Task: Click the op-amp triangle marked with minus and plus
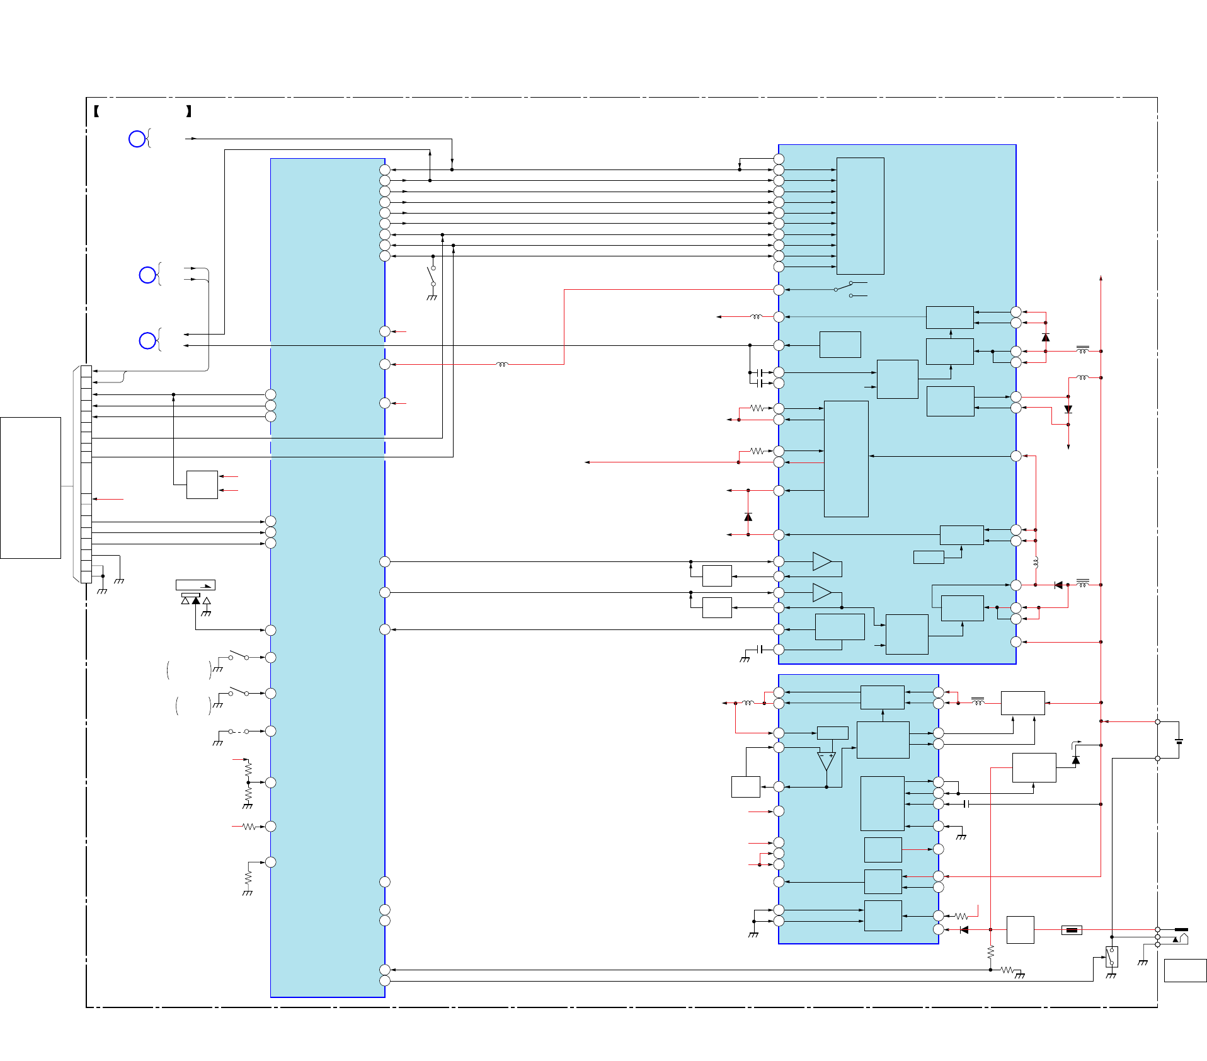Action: pyautogui.click(x=826, y=761)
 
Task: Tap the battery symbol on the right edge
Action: pyautogui.click(x=1179, y=742)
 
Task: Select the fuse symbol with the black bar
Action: pyautogui.click(x=1072, y=930)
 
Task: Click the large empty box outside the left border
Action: pyautogui.click(x=30, y=488)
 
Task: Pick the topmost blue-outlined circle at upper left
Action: pyautogui.click(x=137, y=139)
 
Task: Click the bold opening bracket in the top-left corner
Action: pyautogui.click(x=96, y=112)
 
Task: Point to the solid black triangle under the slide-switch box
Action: pyautogui.click(x=196, y=600)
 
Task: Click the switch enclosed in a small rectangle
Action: pyautogui.click(x=1112, y=957)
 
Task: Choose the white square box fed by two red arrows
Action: pyautogui.click(x=202, y=485)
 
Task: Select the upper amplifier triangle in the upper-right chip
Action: pyautogui.click(x=821, y=561)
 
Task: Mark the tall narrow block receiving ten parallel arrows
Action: pyautogui.click(x=860, y=215)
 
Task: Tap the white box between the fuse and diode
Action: pyautogui.click(x=1020, y=930)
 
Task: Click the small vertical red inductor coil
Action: pyautogui.click(x=1036, y=563)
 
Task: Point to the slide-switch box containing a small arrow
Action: pyautogui.click(x=195, y=585)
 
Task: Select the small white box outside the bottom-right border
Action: pyautogui.click(x=1185, y=970)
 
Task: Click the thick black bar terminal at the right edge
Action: pyautogui.click(x=1181, y=929)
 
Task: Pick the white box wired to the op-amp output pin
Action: pyautogui.click(x=745, y=787)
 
